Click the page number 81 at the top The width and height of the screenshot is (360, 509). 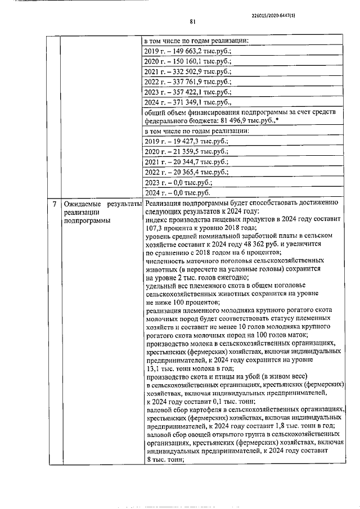click(x=192, y=22)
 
